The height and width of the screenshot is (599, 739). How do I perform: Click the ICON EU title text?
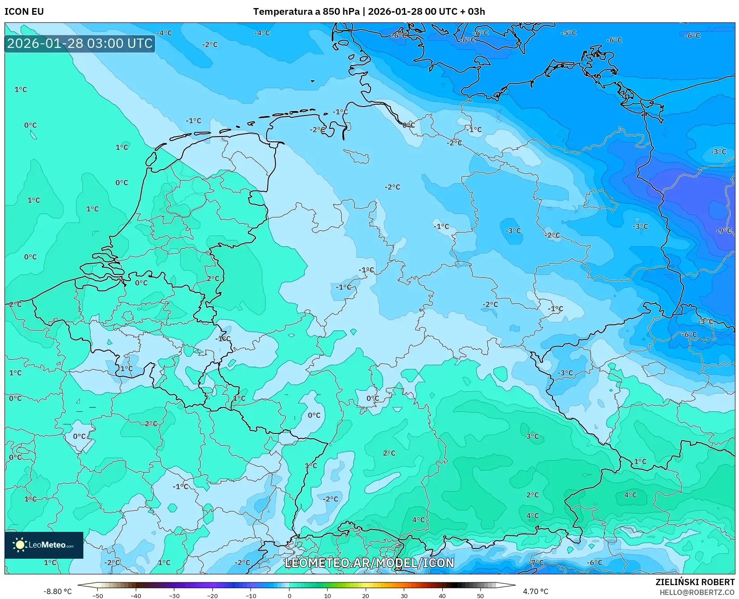click(x=24, y=12)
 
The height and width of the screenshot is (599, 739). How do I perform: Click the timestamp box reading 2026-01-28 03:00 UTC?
click(x=80, y=43)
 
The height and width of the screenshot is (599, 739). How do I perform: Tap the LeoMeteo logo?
click(x=44, y=545)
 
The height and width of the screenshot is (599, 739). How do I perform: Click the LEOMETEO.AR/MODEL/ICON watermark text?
click(x=369, y=563)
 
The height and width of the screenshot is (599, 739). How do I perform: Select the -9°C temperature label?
click(x=724, y=231)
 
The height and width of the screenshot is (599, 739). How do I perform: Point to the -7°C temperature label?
click(x=536, y=563)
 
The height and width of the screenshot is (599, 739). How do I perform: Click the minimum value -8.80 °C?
click(x=57, y=591)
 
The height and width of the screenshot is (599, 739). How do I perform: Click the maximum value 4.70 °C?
click(x=535, y=591)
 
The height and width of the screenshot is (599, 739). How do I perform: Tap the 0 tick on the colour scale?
click(x=289, y=596)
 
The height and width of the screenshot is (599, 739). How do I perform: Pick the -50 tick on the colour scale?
click(x=97, y=596)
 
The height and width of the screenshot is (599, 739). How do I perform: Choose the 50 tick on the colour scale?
click(x=480, y=596)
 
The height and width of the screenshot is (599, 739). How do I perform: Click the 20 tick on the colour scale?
click(x=366, y=596)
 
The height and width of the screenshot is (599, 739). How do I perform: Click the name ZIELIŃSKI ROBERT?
click(x=695, y=582)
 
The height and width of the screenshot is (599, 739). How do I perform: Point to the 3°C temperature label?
click(x=532, y=436)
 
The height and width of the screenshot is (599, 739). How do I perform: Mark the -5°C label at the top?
click(x=569, y=33)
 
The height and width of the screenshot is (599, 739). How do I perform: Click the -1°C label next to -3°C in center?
click(x=441, y=227)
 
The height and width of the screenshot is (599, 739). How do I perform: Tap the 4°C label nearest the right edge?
click(x=630, y=495)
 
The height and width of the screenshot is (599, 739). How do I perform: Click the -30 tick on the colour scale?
click(x=174, y=596)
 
